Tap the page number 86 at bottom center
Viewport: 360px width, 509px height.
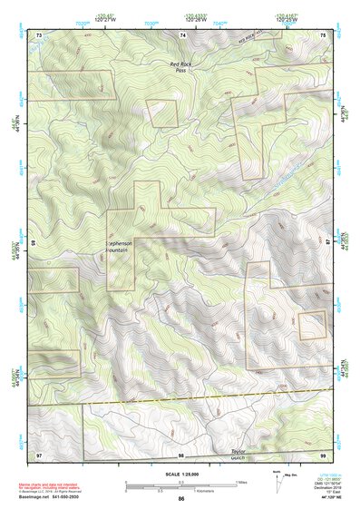pyautogui.click(x=181, y=498)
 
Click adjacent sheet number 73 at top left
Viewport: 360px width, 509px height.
pyautogui.click(x=39, y=34)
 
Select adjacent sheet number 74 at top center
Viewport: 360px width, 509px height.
pyautogui.click(x=182, y=34)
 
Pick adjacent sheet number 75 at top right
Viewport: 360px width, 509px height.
pyautogui.click(x=323, y=34)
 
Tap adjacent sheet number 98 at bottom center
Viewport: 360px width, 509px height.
pyautogui.click(x=181, y=454)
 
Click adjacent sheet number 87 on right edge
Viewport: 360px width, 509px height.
pyautogui.click(x=328, y=243)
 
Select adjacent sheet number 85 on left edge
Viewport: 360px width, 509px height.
pyautogui.click(x=34, y=243)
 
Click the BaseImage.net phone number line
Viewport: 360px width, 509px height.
pyautogui.click(x=54, y=499)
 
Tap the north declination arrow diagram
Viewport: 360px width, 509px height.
pyautogui.click(x=277, y=478)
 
